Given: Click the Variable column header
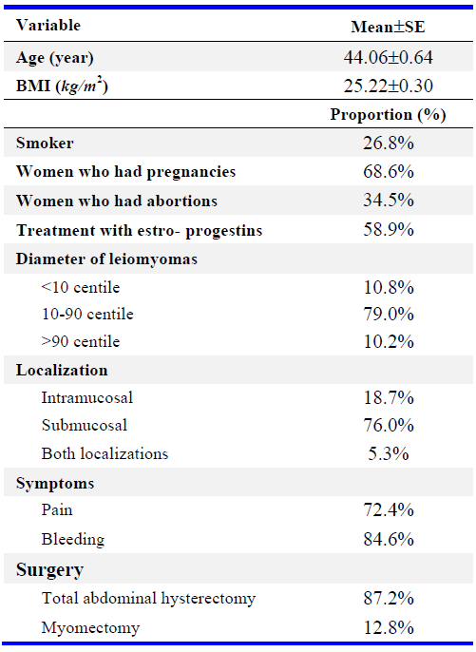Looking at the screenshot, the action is click(48, 26).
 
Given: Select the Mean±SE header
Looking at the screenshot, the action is click(388, 27).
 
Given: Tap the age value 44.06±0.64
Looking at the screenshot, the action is click(388, 57).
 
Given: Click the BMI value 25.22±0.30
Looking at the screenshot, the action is click(388, 86).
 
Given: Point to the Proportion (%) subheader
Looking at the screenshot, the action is click(388, 114).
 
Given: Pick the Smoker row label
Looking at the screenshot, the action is click(45, 143).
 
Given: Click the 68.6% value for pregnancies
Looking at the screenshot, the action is click(389, 171).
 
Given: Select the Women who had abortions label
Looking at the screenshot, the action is click(117, 201).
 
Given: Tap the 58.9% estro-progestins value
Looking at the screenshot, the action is click(389, 229).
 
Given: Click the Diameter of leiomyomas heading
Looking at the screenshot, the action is click(106, 259).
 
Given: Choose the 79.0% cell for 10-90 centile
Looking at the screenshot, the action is click(389, 314).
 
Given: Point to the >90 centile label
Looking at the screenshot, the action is click(81, 341).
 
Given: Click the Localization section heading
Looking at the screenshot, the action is click(62, 370).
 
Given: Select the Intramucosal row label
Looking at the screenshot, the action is click(87, 397).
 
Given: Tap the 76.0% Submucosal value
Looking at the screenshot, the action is click(389, 426).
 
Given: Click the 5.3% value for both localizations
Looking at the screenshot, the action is click(389, 453).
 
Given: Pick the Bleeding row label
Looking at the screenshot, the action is click(73, 539).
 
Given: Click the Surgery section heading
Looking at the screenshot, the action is click(50, 569).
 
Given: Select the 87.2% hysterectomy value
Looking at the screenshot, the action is click(389, 599).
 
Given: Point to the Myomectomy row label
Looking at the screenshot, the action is click(90, 628).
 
